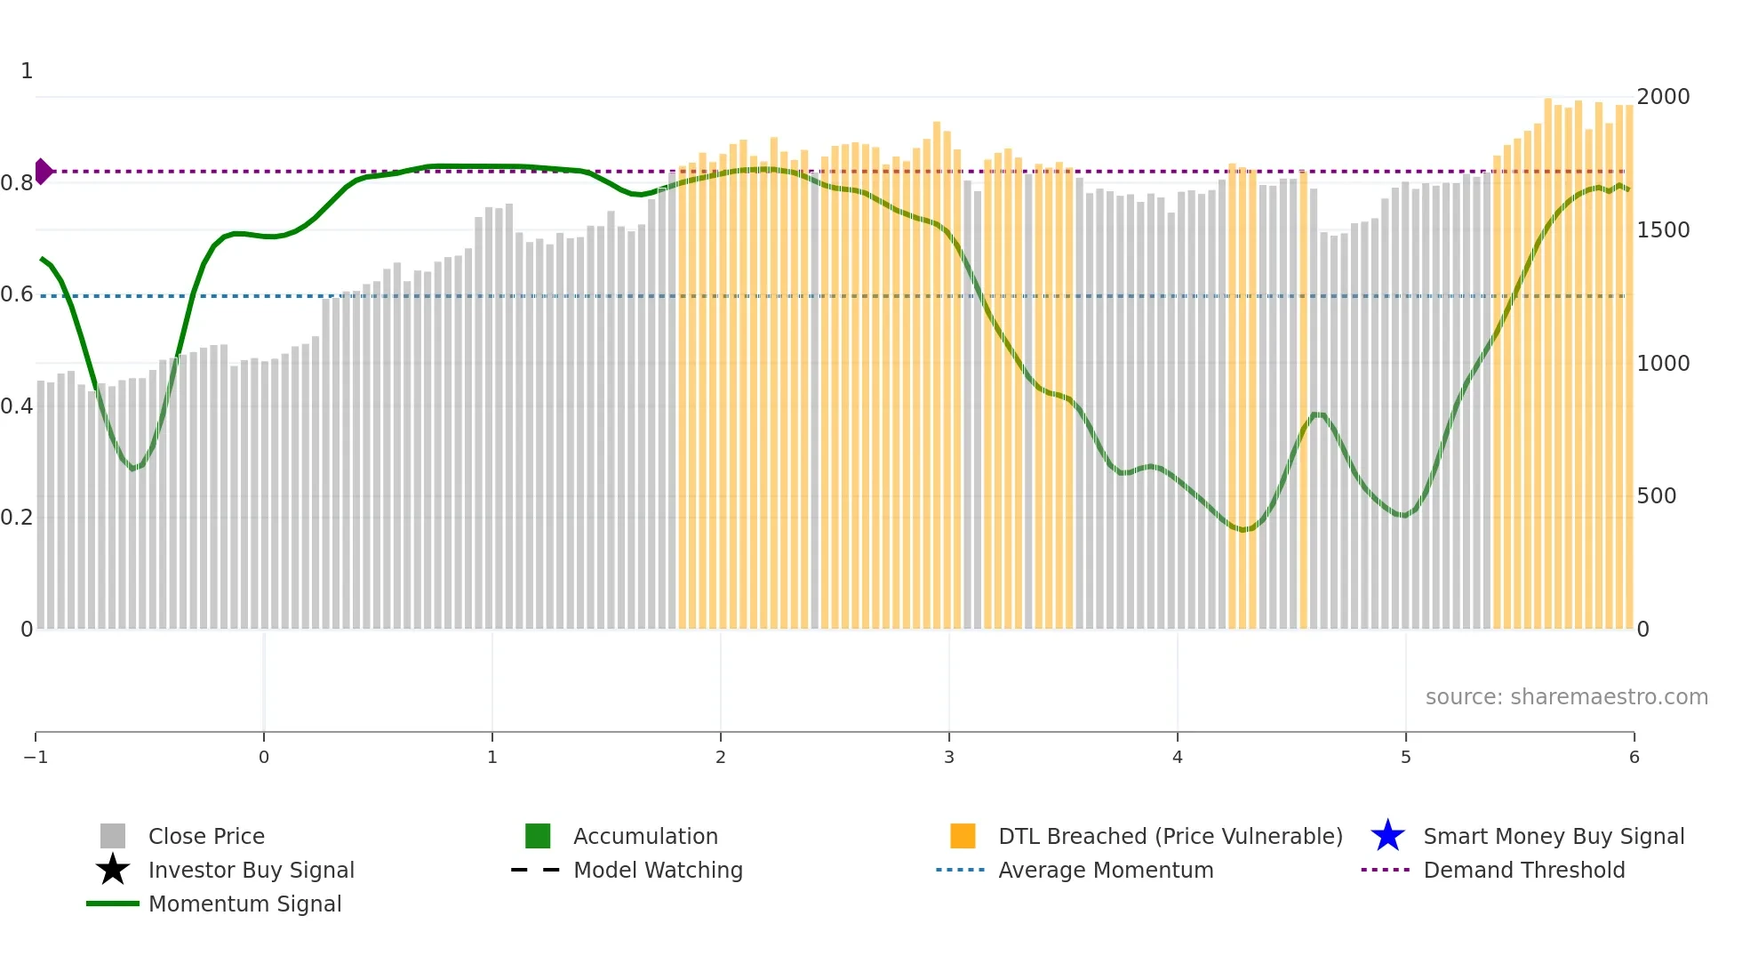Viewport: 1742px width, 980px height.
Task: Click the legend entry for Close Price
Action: (x=205, y=836)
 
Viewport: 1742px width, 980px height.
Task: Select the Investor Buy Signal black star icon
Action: (x=113, y=870)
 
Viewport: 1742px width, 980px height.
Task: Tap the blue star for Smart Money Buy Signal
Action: (x=1387, y=836)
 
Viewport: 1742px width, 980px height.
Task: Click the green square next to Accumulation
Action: (x=538, y=836)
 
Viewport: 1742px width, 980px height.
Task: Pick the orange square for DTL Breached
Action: (x=963, y=836)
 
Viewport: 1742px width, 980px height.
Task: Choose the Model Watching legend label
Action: (x=658, y=870)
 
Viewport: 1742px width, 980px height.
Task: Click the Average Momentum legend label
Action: (x=1106, y=870)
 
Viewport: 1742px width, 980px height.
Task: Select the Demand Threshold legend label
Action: (x=1523, y=870)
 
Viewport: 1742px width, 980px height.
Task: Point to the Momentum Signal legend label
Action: (x=244, y=904)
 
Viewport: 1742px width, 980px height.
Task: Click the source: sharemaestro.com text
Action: (x=1566, y=696)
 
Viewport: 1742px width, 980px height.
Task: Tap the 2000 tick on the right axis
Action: (x=1663, y=96)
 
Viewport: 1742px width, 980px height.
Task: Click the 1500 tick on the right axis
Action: (x=1663, y=229)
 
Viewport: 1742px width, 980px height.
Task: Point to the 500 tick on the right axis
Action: (x=1657, y=495)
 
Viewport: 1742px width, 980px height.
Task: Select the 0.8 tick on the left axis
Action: (x=17, y=183)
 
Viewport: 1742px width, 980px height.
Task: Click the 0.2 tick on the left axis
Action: (x=17, y=517)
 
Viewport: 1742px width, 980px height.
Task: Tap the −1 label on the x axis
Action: (x=36, y=757)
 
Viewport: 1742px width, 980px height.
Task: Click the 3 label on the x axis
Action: (x=949, y=757)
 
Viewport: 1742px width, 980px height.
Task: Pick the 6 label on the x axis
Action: (x=1634, y=757)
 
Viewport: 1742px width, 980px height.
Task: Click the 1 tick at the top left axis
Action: (x=27, y=71)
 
